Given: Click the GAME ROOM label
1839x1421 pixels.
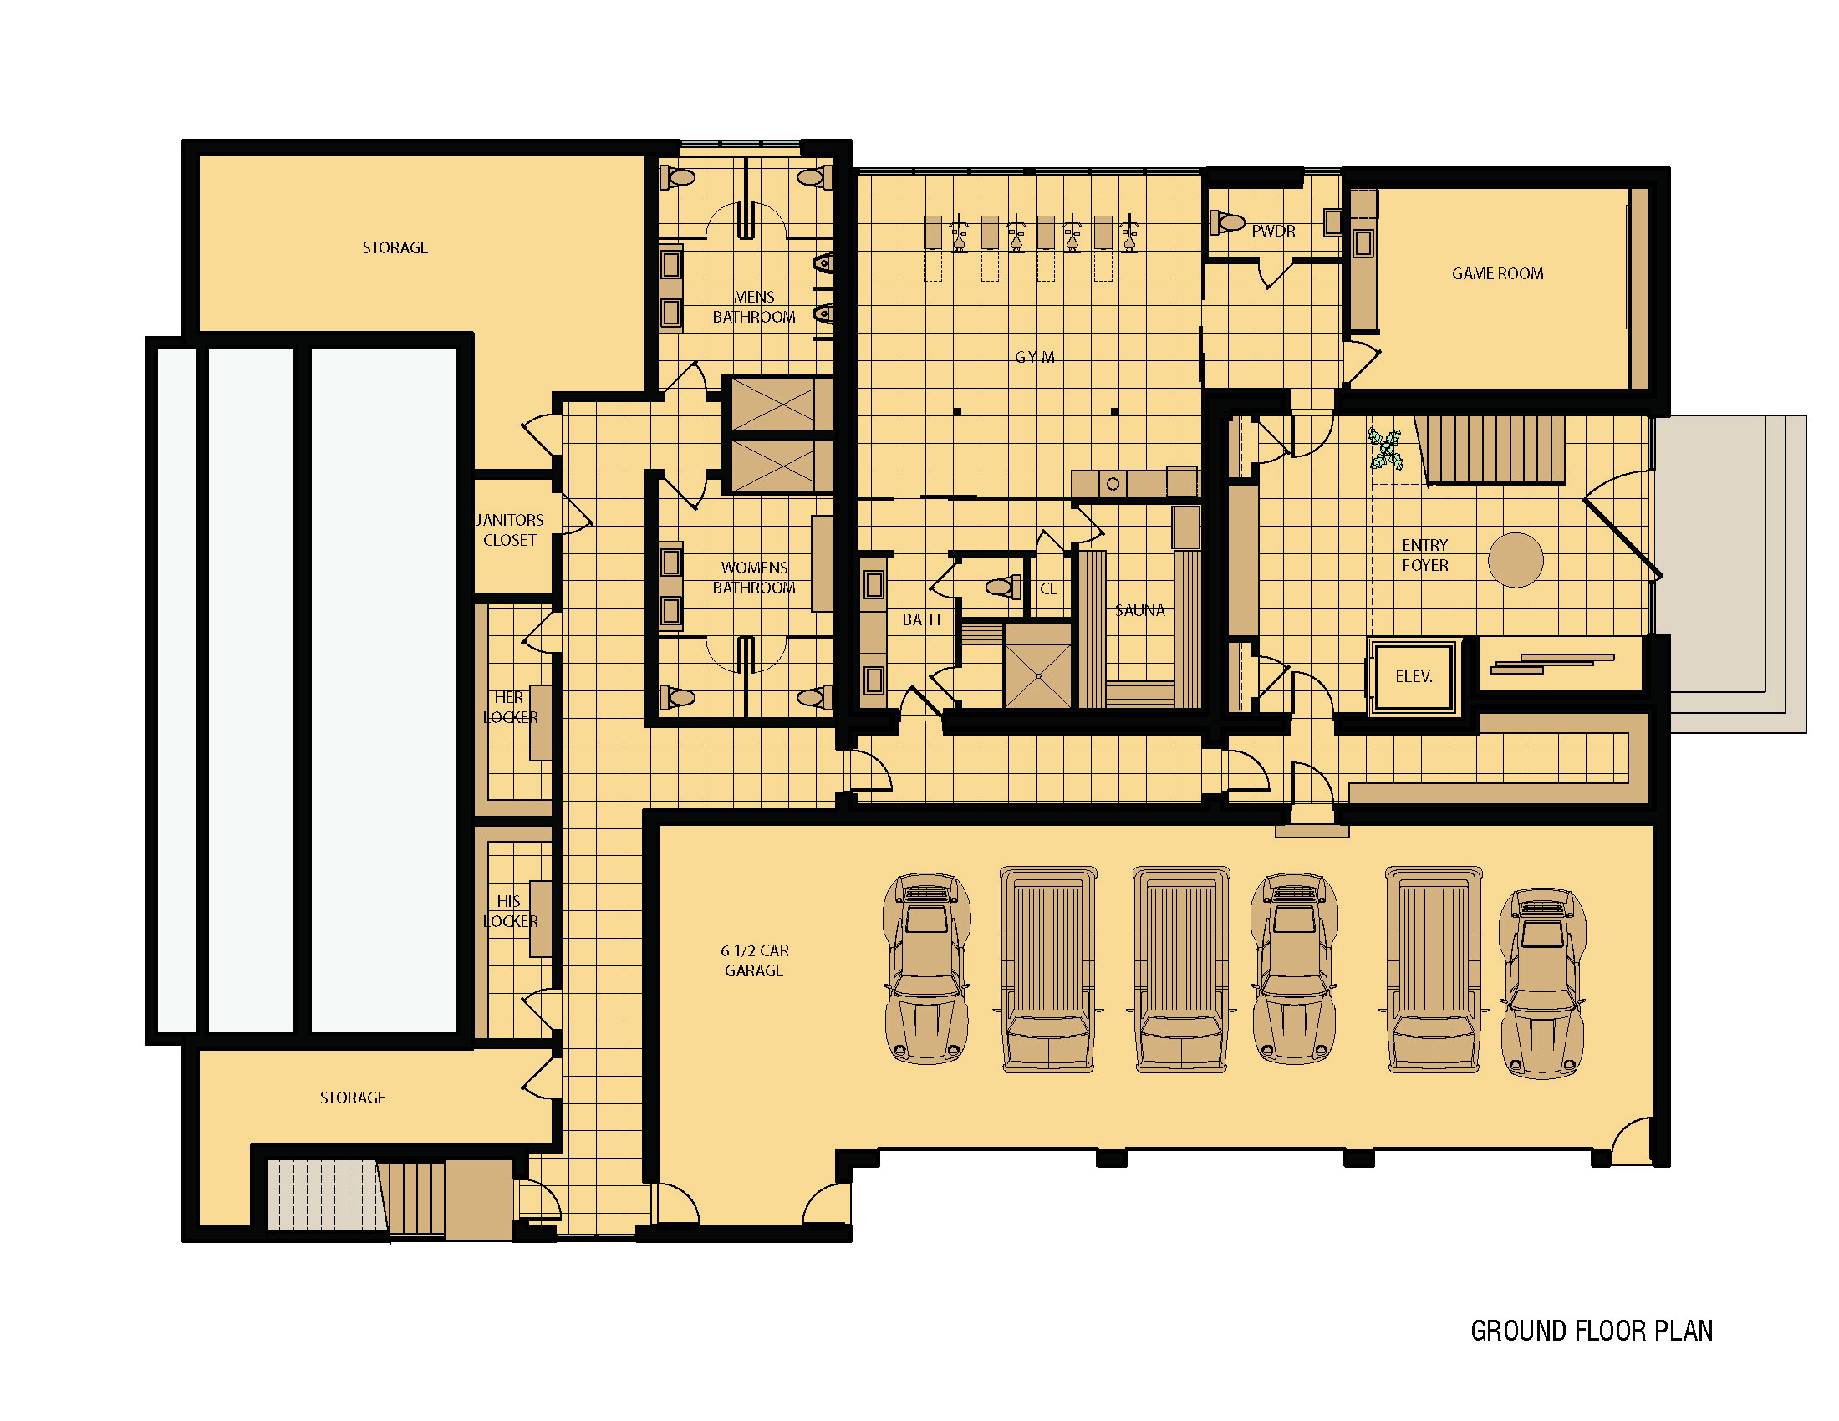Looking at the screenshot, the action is pyautogui.click(x=1497, y=273).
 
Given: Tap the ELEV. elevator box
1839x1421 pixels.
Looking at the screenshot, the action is pyautogui.click(x=1414, y=677).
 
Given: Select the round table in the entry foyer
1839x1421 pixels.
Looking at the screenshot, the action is pyautogui.click(x=1516, y=560).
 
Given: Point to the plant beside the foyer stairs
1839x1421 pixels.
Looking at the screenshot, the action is pyautogui.click(x=1385, y=448).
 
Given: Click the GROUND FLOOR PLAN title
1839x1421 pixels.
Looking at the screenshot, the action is pyautogui.click(x=1592, y=1331).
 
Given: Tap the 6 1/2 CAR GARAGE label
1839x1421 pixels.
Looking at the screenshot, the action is pyautogui.click(x=755, y=960).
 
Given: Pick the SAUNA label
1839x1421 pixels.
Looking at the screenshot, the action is pyautogui.click(x=1140, y=610).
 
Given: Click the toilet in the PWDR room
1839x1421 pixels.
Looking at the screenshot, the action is pyautogui.click(x=1227, y=222).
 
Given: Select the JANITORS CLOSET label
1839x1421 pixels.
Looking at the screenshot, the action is pyautogui.click(x=509, y=530).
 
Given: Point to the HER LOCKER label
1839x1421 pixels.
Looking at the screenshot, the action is pyautogui.click(x=510, y=707).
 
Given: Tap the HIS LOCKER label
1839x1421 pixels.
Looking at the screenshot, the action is pyautogui.click(x=510, y=911).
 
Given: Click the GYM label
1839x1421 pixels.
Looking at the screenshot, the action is pyautogui.click(x=1035, y=357).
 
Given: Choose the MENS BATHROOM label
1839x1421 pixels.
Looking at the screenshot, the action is pyautogui.click(x=754, y=308).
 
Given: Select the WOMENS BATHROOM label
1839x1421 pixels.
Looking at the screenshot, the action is pyautogui.click(x=754, y=578).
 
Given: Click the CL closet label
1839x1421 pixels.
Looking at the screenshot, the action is pyautogui.click(x=1048, y=588).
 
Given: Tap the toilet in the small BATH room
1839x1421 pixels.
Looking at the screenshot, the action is pyautogui.click(x=1003, y=586).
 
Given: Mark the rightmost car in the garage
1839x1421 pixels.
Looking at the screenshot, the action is pyautogui.click(x=1542, y=983).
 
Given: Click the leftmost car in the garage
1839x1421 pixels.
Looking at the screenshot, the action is pyautogui.click(x=926, y=969).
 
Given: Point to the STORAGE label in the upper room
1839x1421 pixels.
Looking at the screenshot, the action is pyautogui.click(x=395, y=247).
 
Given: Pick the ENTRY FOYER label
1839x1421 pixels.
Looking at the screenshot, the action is pyautogui.click(x=1424, y=555).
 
